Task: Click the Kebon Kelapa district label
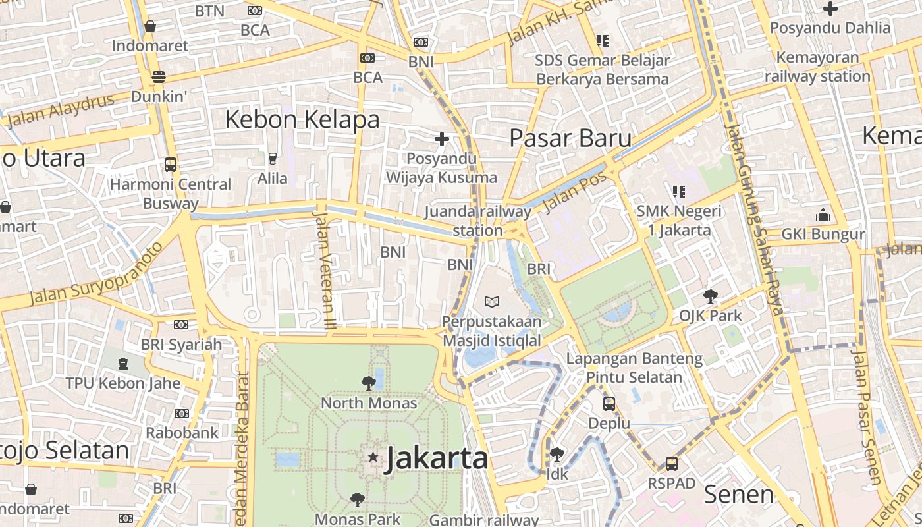[x=302, y=120]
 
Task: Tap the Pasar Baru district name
[x=570, y=138]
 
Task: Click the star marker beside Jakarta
[x=373, y=457]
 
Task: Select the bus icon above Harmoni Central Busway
[x=171, y=165]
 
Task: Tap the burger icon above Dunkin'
[x=158, y=77]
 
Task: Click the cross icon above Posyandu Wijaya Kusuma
[x=441, y=139]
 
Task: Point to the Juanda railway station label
[x=478, y=221]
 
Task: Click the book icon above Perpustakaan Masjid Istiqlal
[x=491, y=302]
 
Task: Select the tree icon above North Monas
[x=368, y=383]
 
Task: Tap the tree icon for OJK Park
[x=710, y=296]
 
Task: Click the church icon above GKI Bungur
[x=823, y=215]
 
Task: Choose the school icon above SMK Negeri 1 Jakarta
[x=678, y=192]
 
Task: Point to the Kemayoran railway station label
[x=817, y=67]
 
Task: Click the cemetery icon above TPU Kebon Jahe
[x=122, y=363]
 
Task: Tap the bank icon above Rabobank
[x=182, y=414]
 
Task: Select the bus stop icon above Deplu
[x=609, y=403]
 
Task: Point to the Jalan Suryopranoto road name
[x=96, y=275]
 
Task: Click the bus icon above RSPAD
[x=671, y=464]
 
